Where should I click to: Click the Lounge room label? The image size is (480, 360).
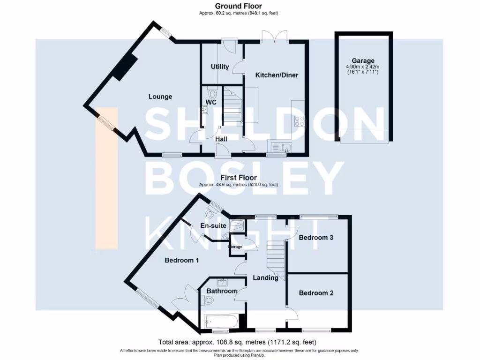point(160,97)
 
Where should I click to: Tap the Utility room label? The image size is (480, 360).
point(220,67)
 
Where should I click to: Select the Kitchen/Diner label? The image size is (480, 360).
point(277,75)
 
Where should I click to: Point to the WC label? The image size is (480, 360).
point(210,102)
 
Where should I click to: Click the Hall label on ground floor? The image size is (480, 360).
point(221,139)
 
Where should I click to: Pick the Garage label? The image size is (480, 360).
point(364,60)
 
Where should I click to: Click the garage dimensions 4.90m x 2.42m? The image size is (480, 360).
point(364,67)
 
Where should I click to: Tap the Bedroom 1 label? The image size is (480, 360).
point(181,260)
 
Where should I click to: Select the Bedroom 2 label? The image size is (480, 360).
point(316,293)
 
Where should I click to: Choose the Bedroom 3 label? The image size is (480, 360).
point(316,238)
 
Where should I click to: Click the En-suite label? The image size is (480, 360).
point(213,226)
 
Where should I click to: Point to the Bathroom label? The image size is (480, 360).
point(222,291)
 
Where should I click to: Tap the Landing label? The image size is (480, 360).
point(265,277)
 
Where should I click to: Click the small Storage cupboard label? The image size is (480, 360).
point(235,247)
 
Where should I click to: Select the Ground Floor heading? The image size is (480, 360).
point(239,6)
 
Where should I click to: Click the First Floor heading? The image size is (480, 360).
point(239,178)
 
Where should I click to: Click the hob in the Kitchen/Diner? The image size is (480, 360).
point(299,121)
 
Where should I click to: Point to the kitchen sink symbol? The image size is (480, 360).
point(279,148)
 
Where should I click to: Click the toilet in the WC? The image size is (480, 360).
point(210,93)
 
